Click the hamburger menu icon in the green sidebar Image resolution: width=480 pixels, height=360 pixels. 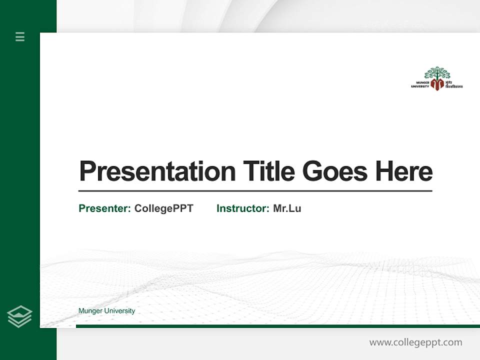pos(20,36)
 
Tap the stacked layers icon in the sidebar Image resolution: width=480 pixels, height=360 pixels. pos(19,316)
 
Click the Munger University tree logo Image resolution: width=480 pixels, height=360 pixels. pos(437,78)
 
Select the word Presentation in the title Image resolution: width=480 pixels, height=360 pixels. pos(157,171)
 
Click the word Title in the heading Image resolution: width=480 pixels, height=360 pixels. pos(268,171)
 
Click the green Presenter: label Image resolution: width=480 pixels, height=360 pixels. pos(104,208)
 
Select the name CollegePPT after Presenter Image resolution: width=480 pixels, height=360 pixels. pos(163,208)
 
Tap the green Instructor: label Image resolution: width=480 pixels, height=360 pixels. pos(242,208)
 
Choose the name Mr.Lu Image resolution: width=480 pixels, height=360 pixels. pos(287,208)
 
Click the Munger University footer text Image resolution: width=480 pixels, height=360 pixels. pos(106,311)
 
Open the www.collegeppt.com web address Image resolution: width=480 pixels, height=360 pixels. pos(415,342)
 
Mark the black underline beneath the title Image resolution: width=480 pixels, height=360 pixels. pos(255,191)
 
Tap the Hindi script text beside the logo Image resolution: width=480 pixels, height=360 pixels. pos(454,84)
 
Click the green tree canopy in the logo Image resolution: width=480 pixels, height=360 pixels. pos(437,72)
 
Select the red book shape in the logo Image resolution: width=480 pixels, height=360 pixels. pos(437,84)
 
